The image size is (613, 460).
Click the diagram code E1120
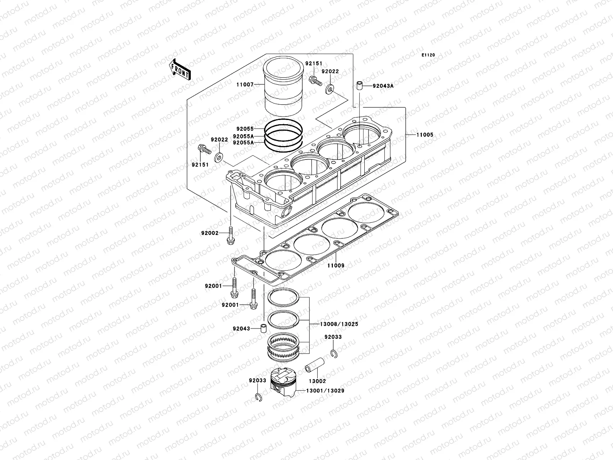(428, 55)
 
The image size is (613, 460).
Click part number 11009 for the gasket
(336, 265)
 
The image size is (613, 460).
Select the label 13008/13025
(339, 324)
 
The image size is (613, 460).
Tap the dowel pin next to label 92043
(263, 328)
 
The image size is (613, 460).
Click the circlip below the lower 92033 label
(259, 398)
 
